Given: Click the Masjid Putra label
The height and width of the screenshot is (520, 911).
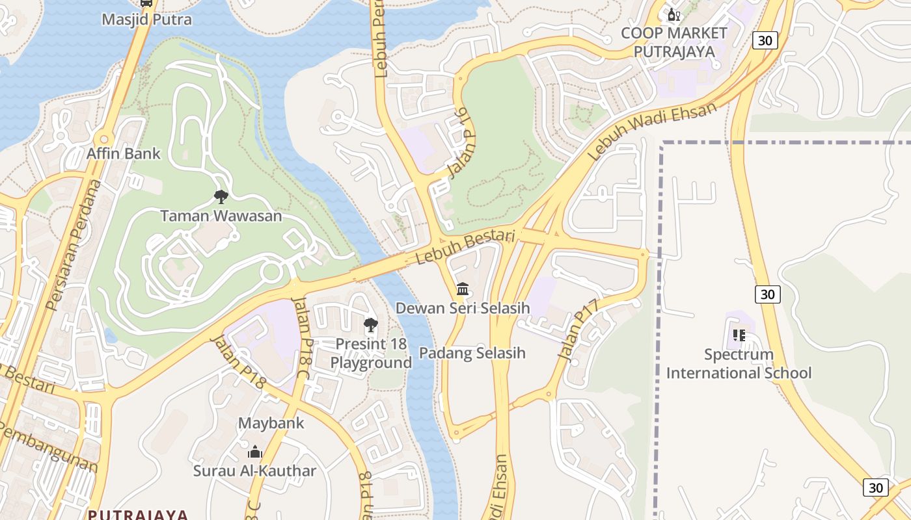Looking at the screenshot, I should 146,19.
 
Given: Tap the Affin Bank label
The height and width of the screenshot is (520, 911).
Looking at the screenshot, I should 124,154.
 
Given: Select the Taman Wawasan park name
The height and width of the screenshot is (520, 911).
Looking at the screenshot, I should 221,216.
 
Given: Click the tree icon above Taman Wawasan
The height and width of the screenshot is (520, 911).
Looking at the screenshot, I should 221,196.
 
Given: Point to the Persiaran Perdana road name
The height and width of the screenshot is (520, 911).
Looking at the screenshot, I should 75,245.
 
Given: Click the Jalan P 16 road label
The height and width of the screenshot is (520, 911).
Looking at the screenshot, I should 458,144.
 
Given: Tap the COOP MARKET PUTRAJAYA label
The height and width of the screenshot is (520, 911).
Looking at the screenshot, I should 674,42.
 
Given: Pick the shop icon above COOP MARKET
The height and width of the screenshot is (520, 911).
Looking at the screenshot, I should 674,15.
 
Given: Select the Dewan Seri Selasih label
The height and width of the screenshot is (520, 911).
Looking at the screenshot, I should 463,308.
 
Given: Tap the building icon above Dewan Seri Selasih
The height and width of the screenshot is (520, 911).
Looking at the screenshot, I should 463,289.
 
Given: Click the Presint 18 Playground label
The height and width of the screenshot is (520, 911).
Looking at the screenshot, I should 371,353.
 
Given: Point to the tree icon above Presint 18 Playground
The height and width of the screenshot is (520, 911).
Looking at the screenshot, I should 371,324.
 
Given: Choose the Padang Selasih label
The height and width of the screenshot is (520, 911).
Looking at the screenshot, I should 472,353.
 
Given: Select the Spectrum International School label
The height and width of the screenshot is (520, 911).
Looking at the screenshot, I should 739,364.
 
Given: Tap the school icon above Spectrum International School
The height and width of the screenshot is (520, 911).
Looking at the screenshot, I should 739,335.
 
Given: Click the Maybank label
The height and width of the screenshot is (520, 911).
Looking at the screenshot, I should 271,423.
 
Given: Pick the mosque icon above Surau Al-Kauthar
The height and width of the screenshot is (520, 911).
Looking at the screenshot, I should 255,451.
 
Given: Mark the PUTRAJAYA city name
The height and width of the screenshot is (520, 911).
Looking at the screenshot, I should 138,515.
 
